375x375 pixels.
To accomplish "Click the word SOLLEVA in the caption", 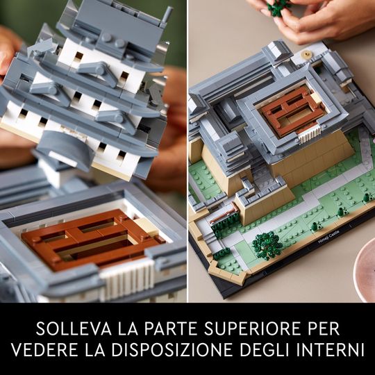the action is tap(74, 329).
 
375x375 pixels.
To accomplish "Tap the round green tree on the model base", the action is tap(267, 246).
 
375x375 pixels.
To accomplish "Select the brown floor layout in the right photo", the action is tap(291, 110).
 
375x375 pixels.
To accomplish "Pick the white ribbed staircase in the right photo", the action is tap(309, 134).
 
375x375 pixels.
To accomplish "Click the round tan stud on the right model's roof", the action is tap(306, 53).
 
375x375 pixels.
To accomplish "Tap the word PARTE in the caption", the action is tap(171, 329).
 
